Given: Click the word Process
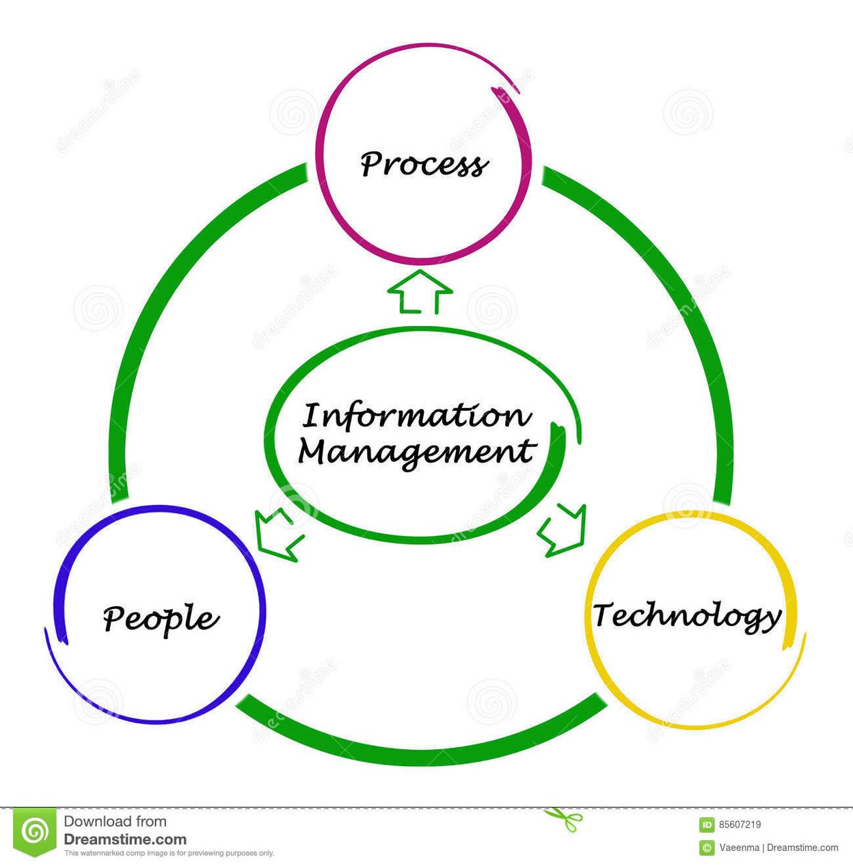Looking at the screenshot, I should (x=424, y=164).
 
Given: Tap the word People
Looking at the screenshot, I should (x=161, y=618).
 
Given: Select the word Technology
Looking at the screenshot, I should (x=687, y=615).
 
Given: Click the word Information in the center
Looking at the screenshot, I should (x=416, y=416).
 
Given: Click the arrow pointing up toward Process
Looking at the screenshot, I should (x=420, y=292).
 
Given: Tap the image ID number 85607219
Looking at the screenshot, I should (x=740, y=825).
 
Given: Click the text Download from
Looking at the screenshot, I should (x=115, y=822).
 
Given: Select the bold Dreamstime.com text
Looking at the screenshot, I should (x=125, y=839).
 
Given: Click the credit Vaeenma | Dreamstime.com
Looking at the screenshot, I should (x=778, y=848).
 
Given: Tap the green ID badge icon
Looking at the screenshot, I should (x=707, y=825).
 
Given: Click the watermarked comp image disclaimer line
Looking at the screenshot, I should (x=169, y=853).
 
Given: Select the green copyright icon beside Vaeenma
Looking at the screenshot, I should (x=707, y=848).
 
